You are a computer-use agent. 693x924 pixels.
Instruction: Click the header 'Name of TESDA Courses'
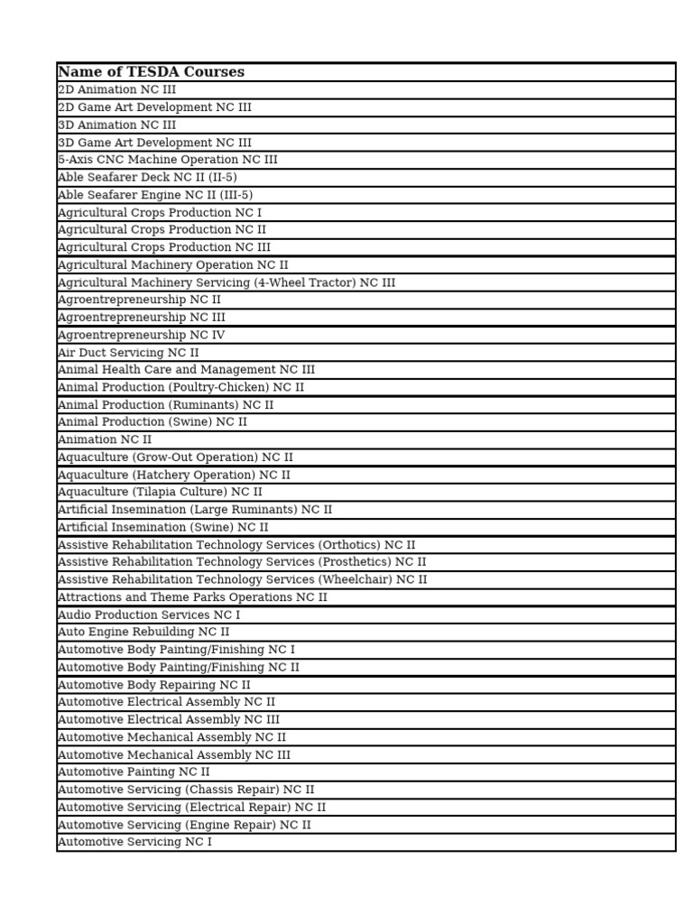[151, 72]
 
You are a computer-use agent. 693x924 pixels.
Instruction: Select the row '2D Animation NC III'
[117, 90]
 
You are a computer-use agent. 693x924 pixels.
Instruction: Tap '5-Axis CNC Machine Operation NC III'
[168, 160]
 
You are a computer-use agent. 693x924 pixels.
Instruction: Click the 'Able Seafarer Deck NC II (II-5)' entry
[147, 178]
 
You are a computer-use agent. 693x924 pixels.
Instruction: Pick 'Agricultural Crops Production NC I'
[160, 213]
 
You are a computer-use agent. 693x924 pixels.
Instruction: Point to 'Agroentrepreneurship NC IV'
[142, 335]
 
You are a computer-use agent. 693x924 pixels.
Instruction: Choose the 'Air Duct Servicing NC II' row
[128, 353]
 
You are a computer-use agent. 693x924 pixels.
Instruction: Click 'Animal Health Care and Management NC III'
[187, 370]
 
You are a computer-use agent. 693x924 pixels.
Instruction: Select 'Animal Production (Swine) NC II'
[152, 422]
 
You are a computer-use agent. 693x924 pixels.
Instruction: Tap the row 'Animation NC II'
[105, 439]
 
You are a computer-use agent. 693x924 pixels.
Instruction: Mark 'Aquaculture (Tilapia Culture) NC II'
[160, 492]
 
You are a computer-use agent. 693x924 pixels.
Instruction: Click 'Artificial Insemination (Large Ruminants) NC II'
[195, 510]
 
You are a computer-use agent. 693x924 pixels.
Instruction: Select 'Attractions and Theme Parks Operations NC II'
[192, 597]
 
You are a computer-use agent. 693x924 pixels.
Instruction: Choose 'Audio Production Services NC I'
[149, 614]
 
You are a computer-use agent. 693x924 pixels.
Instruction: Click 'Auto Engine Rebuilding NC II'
[143, 633]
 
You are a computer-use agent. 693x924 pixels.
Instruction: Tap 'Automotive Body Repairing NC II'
[154, 685]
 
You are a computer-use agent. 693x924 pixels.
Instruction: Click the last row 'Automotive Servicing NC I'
[135, 842]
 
